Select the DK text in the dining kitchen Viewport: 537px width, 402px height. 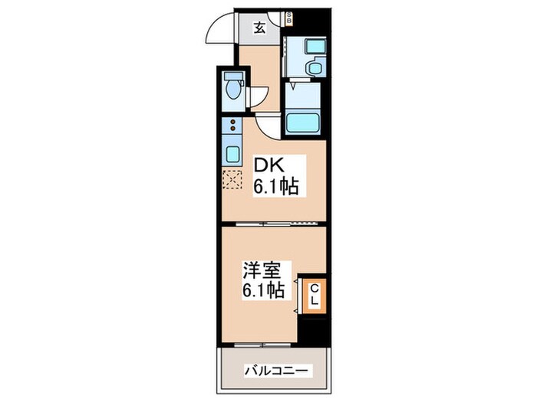point(268,165)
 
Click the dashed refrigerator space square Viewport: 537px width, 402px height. point(231,181)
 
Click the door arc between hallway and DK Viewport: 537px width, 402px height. point(268,126)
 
